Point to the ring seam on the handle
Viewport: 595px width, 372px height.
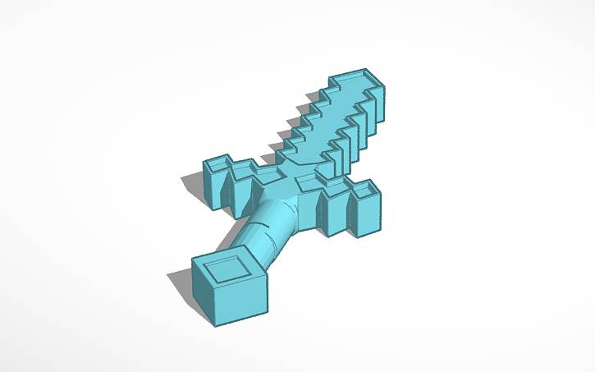click(x=251, y=239)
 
